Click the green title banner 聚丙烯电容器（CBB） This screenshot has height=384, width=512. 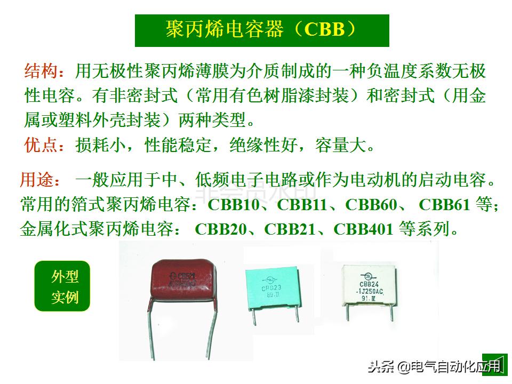point(261,30)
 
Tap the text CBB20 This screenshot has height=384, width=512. point(222,230)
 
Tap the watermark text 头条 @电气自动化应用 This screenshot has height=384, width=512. point(433,366)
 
